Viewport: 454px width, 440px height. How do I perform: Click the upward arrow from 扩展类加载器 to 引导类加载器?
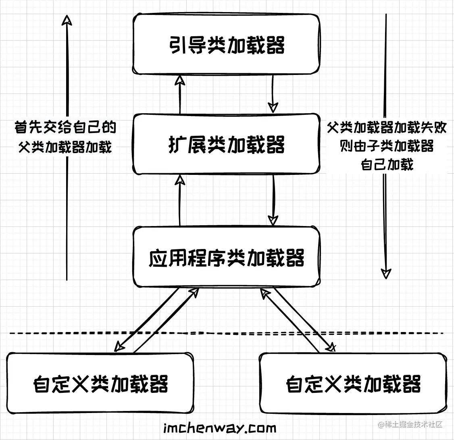click(x=180, y=95)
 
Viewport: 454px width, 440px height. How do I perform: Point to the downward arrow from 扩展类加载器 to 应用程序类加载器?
click(x=273, y=199)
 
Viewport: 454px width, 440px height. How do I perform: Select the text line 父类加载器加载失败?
click(x=387, y=128)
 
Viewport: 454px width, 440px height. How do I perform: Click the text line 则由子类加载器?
click(x=387, y=146)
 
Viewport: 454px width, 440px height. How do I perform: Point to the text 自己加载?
click(x=387, y=164)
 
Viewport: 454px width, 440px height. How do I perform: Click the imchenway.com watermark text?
click(x=221, y=428)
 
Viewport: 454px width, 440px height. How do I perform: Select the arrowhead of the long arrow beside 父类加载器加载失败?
click(x=386, y=274)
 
